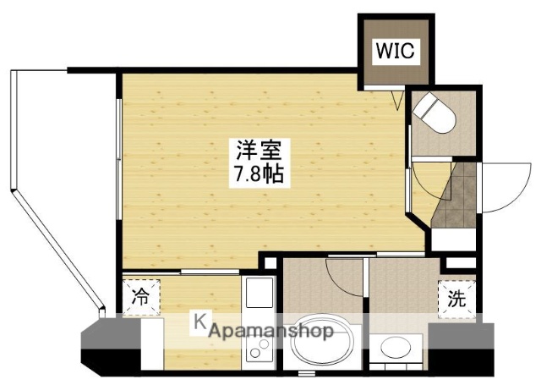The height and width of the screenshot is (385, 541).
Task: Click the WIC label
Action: (395, 52)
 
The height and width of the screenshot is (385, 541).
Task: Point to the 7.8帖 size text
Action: (258, 176)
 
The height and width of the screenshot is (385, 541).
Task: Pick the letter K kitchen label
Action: (200, 322)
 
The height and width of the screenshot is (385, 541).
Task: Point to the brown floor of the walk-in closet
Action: (395, 72)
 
